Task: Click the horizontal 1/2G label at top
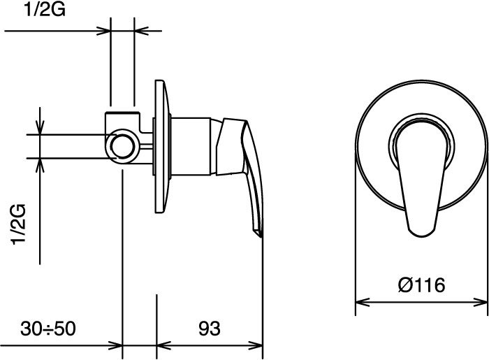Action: pos(45,9)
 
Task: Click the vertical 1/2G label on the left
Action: pos(18,224)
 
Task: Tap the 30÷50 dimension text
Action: pos(48,328)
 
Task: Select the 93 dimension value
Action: pos(210,328)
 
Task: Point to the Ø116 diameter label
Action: pos(421,285)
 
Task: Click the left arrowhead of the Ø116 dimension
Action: pos(363,302)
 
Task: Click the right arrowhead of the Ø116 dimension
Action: pos(481,302)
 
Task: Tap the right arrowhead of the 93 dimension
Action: pos(256,345)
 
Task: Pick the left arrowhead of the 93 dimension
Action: pos(163,345)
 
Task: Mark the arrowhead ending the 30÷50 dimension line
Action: pos(115,345)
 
